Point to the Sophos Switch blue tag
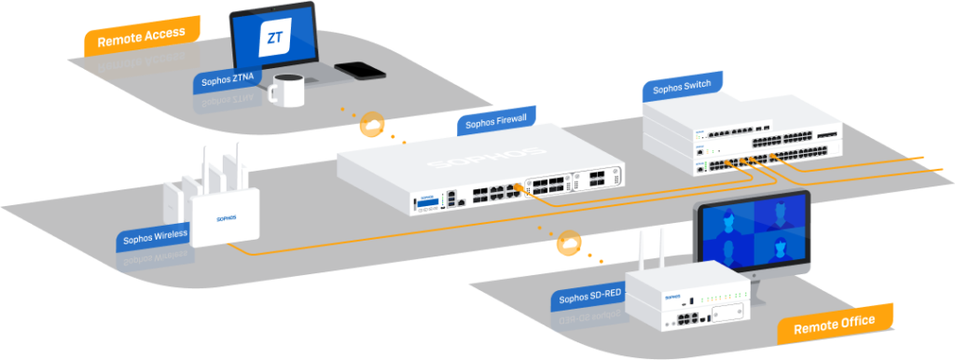[682, 88]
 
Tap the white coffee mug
[287, 90]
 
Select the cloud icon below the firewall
[567, 244]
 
